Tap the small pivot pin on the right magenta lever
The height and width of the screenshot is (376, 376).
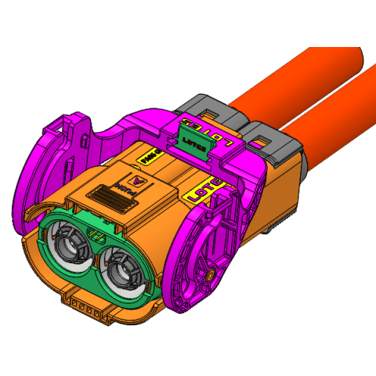212,277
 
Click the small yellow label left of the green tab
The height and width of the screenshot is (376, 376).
147,157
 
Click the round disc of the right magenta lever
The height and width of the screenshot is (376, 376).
202,258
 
